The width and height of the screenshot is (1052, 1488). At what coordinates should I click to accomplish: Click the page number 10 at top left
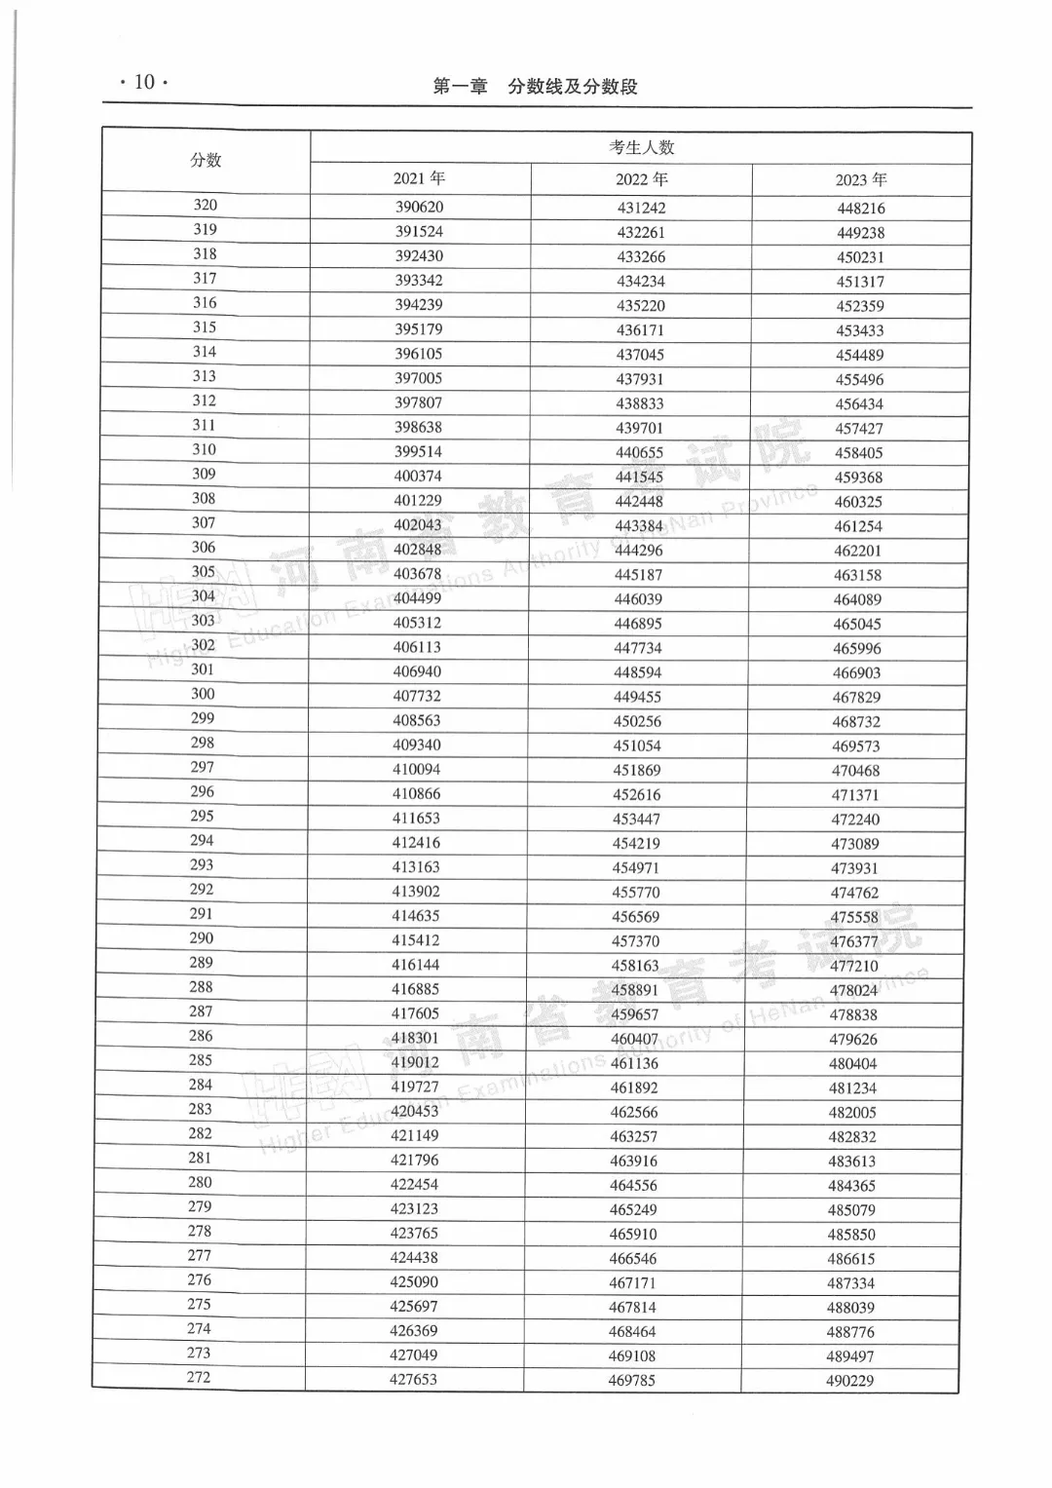coord(144,82)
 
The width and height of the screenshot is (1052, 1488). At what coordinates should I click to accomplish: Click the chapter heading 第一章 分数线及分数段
coord(535,87)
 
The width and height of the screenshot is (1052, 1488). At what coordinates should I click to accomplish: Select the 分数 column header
coord(206,161)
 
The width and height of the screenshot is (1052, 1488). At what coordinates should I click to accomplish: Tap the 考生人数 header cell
coord(641,148)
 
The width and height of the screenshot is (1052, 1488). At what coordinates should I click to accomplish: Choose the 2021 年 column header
coord(419,178)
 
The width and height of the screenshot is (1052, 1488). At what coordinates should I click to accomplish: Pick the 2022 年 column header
coord(641,179)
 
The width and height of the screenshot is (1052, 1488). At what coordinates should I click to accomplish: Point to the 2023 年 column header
coord(861,180)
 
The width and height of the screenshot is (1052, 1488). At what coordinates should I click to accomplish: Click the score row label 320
coord(206,205)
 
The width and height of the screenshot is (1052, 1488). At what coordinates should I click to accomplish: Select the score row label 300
coord(203,694)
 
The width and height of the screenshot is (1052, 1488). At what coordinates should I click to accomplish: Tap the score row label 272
coord(199,1377)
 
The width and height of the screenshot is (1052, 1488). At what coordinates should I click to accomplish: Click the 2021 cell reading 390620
coord(419,208)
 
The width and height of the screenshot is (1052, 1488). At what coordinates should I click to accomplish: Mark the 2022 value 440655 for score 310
coord(639,452)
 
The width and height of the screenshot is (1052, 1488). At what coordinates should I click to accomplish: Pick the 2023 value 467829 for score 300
coord(857,698)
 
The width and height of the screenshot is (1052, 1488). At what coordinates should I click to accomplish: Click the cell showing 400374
coord(418,477)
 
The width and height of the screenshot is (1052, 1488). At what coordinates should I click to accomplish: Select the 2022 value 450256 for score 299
coord(638,722)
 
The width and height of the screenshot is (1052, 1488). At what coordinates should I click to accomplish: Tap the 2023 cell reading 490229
coord(850,1381)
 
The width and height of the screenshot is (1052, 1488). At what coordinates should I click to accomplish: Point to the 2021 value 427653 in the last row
coord(414,1380)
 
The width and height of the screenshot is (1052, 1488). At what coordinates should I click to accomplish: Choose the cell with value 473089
coord(855,844)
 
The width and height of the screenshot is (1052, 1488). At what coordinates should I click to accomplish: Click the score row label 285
coord(201,1060)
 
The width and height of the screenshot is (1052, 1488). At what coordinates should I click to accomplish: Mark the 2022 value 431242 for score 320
coord(641,209)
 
